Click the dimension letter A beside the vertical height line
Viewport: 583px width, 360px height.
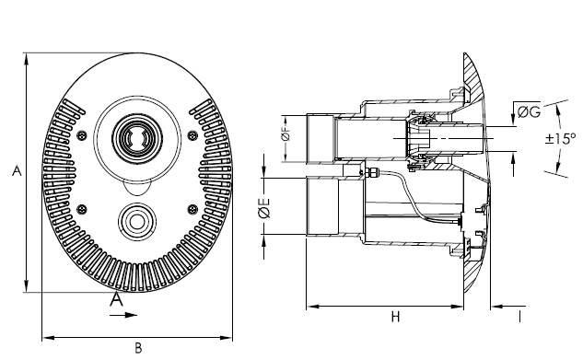(x=17, y=171)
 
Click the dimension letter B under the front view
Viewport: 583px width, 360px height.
(x=138, y=348)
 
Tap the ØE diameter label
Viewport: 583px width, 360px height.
(x=264, y=208)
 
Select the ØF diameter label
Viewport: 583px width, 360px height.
(x=286, y=135)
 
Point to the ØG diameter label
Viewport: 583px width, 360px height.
(x=529, y=111)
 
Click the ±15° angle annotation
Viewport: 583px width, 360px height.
(x=560, y=139)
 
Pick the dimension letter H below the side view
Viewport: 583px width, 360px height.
(x=395, y=317)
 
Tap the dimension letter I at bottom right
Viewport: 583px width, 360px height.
(x=519, y=317)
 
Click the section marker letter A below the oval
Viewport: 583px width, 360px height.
(x=116, y=299)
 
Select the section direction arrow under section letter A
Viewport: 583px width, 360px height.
(x=123, y=315)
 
